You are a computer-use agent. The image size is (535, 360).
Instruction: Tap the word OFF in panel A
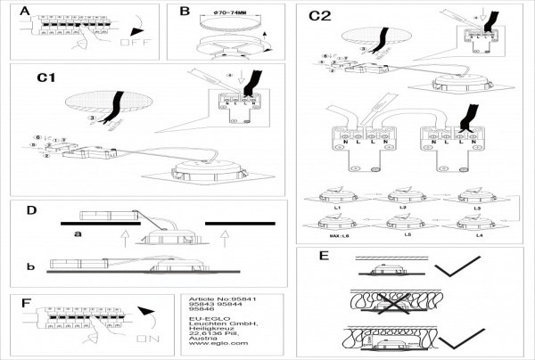(132, 41)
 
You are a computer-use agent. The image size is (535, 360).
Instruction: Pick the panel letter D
(31, 211)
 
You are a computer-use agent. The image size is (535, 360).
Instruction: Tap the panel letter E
(324, 257)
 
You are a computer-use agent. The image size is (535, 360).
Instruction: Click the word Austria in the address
(202, 337)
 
